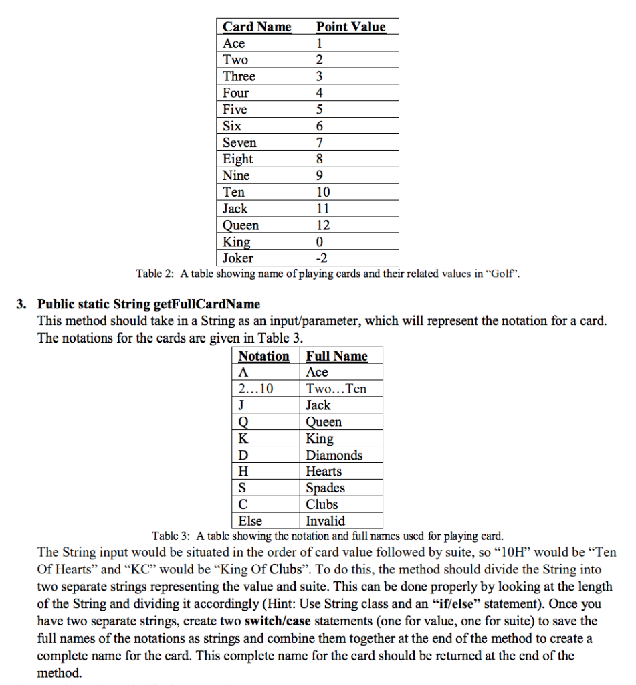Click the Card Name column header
[x=257, y=27]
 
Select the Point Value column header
[x=350, y=27]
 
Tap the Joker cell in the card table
[x=238, y=258]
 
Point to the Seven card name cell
[x=239, y=142]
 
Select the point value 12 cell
[x=323, y=225]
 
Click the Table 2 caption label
[x=155, y=274]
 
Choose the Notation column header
[x=263, y=356]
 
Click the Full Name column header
[x=336, y=356]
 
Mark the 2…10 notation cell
[x=255, y=389]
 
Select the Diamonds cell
[x=334, y=455]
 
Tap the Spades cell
[x=325, y=488]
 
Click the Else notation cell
[x=250, y=520]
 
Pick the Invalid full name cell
[x=325, y=520]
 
